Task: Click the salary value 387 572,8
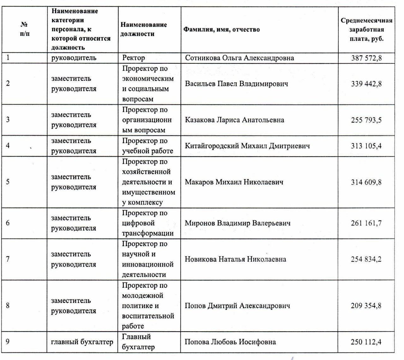point(366,58)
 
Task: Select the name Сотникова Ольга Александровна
point(239,58)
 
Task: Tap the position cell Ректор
point(134,58)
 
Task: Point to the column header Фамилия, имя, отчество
point(222,30)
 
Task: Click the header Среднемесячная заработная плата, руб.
point(366,30)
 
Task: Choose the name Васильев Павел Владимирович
point(236,84)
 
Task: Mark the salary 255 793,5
point(366,120)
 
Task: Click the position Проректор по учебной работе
point(147,146)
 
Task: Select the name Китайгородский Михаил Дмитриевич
point(247,146)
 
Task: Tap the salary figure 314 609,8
point(366,182)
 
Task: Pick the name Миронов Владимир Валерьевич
point(237,223)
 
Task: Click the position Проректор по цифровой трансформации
point(147,223)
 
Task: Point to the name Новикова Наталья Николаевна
point(235,259)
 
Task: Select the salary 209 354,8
point(366,306)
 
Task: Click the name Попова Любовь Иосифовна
point(230,342)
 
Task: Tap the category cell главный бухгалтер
point(82,342)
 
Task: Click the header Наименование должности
point(144,29)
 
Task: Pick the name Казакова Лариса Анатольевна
point(234,120)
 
